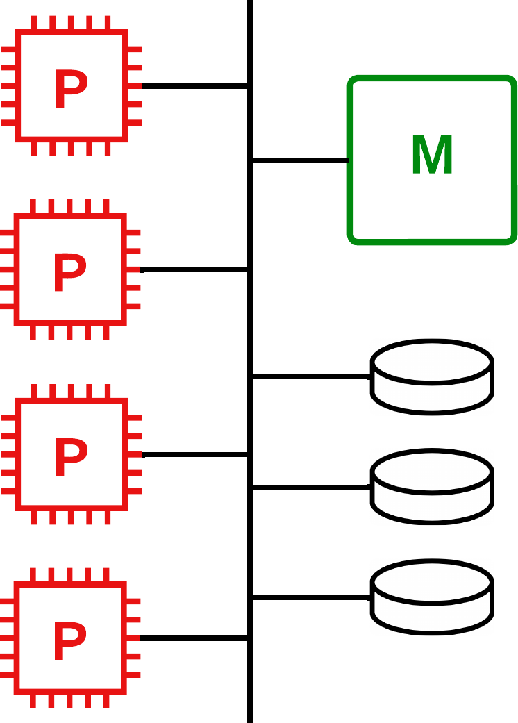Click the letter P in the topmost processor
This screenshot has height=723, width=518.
(x=71, y=88)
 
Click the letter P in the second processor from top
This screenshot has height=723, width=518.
(x=69, y=272)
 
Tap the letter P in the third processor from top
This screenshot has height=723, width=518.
(x=71, y=457)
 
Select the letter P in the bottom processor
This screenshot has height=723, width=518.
(x=69, y=640)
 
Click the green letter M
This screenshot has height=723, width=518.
(x=432, y=154)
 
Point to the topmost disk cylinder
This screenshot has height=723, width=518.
(x=432, y=377)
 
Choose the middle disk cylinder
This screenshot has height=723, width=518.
(x=432, y=487)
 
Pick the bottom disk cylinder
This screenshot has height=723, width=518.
(x=432, y=597)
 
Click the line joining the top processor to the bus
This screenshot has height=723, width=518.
(x=194, y=86)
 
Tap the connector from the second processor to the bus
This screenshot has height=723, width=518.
(x=193, y=269)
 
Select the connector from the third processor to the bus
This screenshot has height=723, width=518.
(x=194, y=455)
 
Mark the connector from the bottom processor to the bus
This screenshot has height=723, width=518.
(x=193, y=638)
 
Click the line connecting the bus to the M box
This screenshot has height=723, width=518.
(x=301, y=160)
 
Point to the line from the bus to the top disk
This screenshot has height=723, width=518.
(x=312, y=376)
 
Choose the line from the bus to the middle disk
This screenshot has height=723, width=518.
(x=312, y=487)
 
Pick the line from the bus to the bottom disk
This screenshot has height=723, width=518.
(x=312, y=597)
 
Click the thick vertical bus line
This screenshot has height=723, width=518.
(x=250, y=361)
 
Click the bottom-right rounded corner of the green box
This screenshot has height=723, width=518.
(x=512, y=240)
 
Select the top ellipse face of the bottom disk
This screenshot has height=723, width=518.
(x=432, y=582)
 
